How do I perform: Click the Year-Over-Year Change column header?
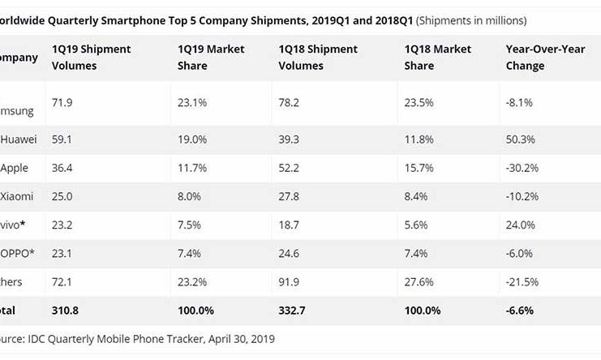point(536,58)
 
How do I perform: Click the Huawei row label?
point(19,139)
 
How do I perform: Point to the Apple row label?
point(17,168)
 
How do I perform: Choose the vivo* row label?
point(19,225)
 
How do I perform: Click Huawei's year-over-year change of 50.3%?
point(519,139)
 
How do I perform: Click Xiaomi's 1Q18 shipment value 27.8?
point(289,196)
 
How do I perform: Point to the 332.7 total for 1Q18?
point(293,309)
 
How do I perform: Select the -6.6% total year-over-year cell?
point(520,309)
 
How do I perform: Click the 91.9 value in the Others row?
point(289,281)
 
